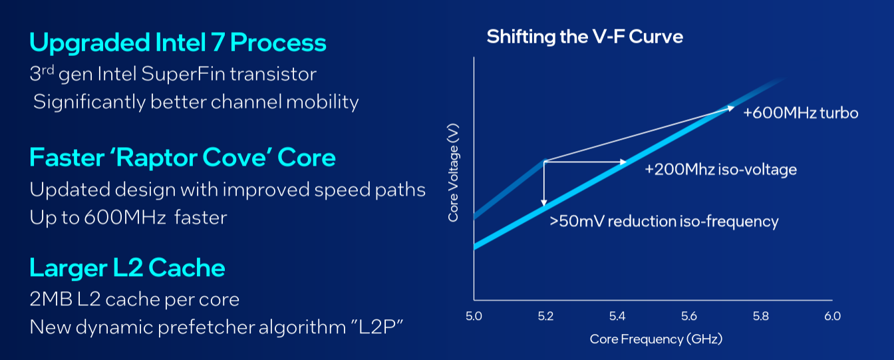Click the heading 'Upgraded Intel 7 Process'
tap(178, 43)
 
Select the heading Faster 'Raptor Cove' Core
tap(182, 158)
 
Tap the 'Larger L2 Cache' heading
tap(127, 268)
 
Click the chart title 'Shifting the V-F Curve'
tap(585, 36)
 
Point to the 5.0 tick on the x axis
tap(474, 315)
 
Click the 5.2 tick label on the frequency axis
tap(545, 315)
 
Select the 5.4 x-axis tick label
tap(617, 315)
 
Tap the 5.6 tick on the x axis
tap(689, 315)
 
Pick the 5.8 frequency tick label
tap(760, 315)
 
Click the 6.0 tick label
tap(832, 315)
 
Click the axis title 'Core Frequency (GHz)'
tap(656, 339)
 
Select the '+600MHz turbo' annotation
tap(801, 113)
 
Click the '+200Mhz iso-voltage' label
tap(720, 170)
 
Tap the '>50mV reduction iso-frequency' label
tap(663, 222)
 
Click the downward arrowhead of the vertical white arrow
tap(544, 202)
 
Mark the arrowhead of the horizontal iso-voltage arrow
tap(623, 162)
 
